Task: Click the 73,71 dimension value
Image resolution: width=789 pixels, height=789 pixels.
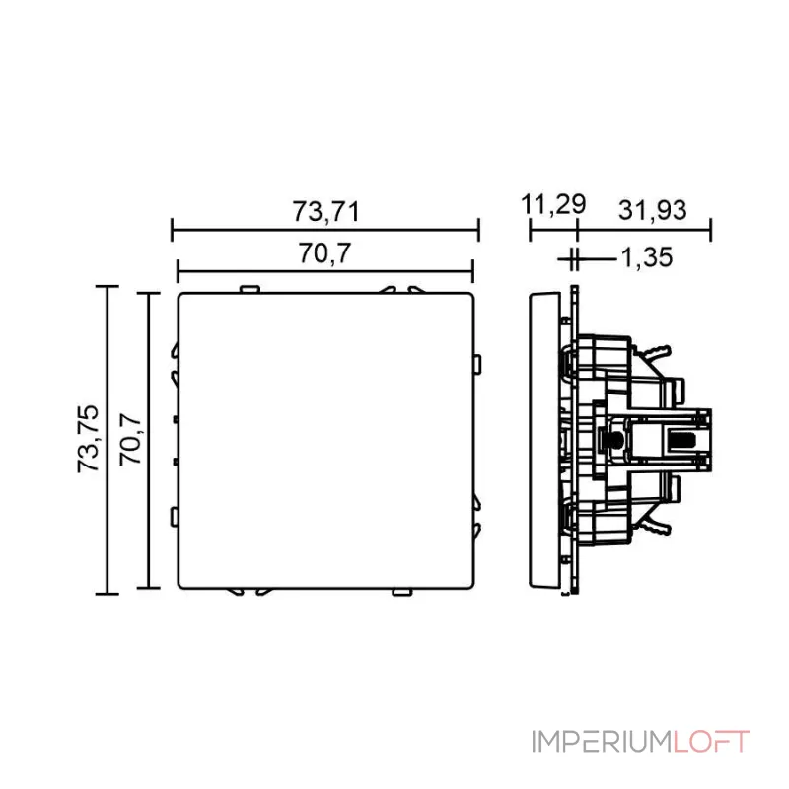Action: pyautogui.click(x=324, y=211)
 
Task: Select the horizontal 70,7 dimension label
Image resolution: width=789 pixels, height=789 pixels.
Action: pyautogui.click(x=324, y=253)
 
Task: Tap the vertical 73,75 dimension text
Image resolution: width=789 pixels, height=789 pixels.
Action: pyautogui.click(x=88, y=439)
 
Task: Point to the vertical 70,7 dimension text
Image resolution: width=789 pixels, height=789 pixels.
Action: pyautogui.click(x=131, y=439)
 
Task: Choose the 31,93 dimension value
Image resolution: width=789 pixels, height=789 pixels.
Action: pyautogui.click(x=652, y=209)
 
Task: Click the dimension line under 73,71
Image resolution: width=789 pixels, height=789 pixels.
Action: pyautogui.click(x=324, y=232)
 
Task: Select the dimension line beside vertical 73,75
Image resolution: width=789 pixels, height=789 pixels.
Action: pyautogui.click(x=107, y=439)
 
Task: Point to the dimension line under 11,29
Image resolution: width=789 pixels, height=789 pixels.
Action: pyautogui.click(x=553, y=232)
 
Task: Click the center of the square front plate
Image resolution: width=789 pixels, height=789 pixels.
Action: pyautogui.click(x=324, y=440)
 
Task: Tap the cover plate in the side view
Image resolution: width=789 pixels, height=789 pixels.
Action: pyautogui.click(x=541, y=440)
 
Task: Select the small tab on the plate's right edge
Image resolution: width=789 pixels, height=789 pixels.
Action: pyautogui.click(x=478, y=366)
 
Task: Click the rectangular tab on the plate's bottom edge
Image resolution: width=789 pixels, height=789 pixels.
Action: pyautogui.click(x=401, y=591)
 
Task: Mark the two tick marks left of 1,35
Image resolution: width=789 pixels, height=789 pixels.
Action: pyautogui.click(x=573, y=259)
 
